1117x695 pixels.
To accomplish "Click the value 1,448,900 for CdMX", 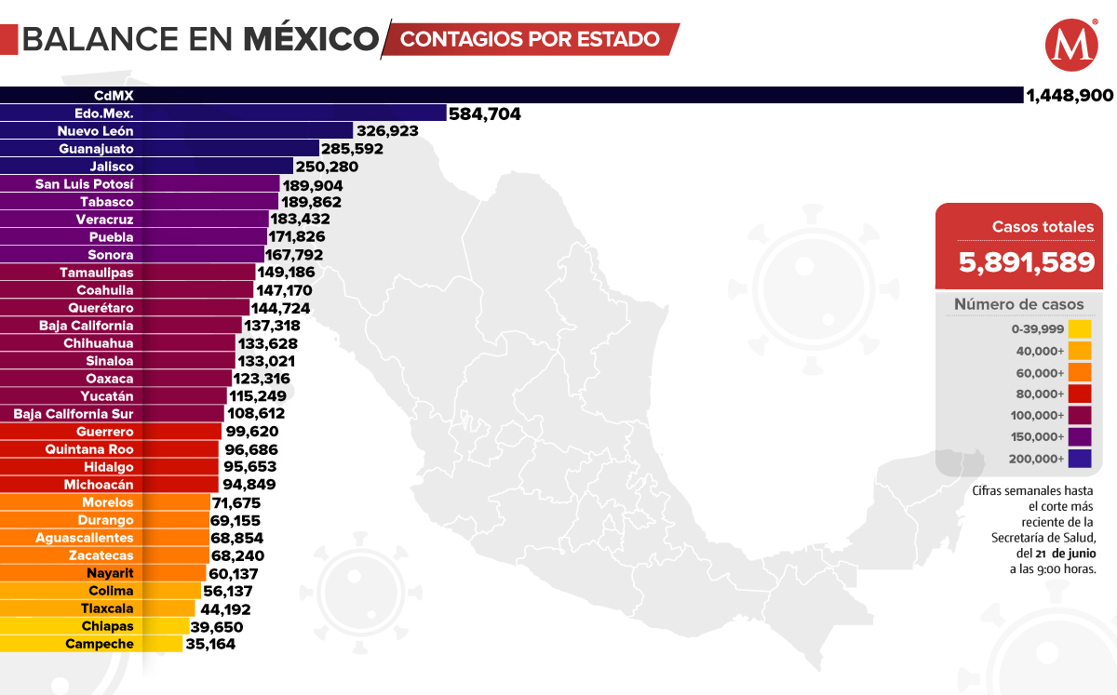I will point(1070,96).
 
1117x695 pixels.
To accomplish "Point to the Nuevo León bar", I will point(177,131).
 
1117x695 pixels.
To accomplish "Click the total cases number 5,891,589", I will point(1027,262).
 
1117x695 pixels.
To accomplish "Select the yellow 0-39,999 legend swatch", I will point(1080,329).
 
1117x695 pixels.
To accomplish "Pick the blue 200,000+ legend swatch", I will point(1080,459).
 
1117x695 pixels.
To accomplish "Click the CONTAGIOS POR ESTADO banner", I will point(531,40).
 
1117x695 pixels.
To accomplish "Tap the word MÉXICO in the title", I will point(311,40).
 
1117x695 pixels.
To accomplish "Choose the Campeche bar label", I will point(100,644).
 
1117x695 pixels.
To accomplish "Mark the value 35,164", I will point(212,644).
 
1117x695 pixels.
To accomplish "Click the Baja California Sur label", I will point(74,414).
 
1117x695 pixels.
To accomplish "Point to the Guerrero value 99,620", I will point(251,432).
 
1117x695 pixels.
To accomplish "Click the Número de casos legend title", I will point(1018,305).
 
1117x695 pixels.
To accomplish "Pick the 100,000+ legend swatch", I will point(1080,415).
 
